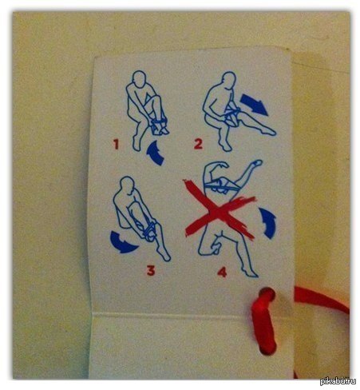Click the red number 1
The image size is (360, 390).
[x=116, y=145]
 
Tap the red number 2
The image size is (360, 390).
[x=198, y=144]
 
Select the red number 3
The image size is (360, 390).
[x=151, y=270]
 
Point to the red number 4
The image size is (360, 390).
[x=222, y=273]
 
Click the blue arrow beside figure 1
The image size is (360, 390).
[x=155, y=153]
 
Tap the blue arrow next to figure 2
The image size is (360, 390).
[x=254, y=104]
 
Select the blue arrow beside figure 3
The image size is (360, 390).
[x=123, y=242]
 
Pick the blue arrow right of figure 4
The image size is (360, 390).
[x=269, y=223]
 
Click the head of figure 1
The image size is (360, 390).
[x=139, y=78]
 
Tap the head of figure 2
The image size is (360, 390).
[x=229, y=79]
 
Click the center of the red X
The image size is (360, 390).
[x=220, y=210]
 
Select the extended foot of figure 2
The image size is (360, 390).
[x=269, y=131]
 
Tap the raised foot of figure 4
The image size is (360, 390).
[x=256, y=163]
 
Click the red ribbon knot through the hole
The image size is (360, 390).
[x=264, y=320]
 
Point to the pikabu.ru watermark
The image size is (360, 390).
[x=338, y=381]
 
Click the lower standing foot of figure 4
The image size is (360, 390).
[x=250, y=273]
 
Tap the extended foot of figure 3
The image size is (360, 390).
[x=165, y=255]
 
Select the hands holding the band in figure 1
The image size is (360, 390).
[x=159, y=121]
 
